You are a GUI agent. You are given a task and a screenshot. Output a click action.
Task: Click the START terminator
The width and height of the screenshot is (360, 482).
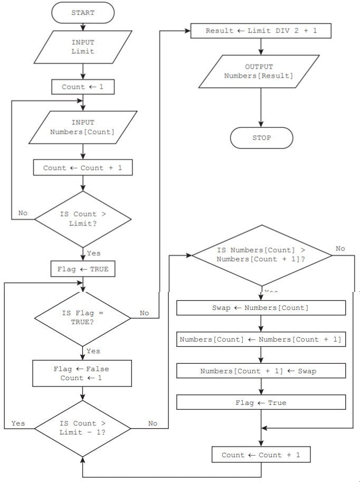(83, 13)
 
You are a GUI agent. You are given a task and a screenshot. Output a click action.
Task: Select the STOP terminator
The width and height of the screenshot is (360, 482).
(261, 138)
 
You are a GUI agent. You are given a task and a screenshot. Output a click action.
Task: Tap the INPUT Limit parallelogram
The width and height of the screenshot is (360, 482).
(83, 47)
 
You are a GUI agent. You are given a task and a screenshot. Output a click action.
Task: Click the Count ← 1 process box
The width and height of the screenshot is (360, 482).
(83, 87)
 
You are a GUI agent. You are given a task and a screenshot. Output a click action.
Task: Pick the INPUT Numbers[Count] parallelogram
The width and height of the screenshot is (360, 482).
(83, 127)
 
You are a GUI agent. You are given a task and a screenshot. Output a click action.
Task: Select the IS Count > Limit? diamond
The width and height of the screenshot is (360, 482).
(83, 219)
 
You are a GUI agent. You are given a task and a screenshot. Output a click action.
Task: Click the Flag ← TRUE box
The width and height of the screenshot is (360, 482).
(83, 269)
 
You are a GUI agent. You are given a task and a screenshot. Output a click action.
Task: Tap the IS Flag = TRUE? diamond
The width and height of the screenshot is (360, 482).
(83, 317)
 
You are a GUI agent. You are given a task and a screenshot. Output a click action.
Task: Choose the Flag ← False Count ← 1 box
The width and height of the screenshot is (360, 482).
(83, 373)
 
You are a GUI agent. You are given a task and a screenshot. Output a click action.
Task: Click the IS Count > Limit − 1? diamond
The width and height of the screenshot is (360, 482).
(83, 428)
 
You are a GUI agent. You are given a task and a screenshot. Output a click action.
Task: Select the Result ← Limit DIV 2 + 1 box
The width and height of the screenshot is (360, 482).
(261, 31)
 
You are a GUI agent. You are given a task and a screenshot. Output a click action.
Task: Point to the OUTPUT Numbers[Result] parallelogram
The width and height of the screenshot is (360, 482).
(259, 71)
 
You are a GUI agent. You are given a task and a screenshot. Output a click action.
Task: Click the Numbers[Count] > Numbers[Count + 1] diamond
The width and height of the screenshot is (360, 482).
(262, 255)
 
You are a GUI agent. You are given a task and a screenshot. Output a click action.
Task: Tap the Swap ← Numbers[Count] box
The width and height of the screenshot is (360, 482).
(261, 308)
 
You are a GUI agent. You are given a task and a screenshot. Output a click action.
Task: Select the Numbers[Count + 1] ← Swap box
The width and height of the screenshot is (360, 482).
(261, 371)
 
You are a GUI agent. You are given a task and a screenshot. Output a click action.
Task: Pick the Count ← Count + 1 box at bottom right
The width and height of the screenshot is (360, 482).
(261, 455)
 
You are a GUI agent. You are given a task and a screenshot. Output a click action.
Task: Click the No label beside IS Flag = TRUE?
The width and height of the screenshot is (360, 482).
(144, 313)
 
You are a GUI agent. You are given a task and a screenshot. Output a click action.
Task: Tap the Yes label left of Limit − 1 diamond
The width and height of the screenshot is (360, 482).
(18, 423)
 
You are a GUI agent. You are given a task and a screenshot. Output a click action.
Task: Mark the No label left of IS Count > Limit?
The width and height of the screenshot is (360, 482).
(23, 213)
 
